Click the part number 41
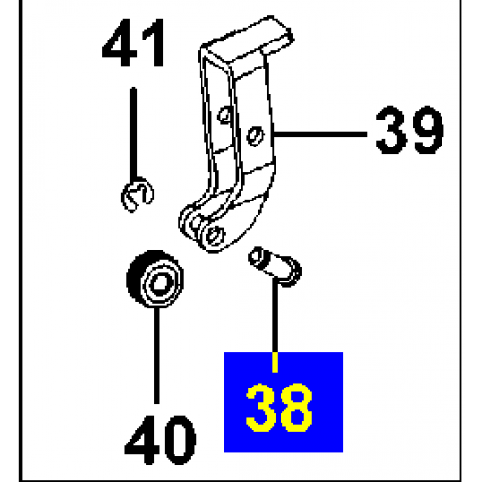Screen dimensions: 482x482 coord(133,42)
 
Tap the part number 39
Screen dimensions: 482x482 coord(410,130)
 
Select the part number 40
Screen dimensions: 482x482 coord(160,440)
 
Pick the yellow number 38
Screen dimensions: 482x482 coord(279,408)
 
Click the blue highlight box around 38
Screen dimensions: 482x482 coord(283,402)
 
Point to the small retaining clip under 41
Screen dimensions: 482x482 coord(138,196)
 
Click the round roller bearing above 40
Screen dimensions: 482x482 coord(155,279)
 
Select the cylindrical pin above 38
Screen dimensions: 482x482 coord(275,266)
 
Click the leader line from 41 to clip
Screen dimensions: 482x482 coord(133,134)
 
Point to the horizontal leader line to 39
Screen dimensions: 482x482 coord(320,134)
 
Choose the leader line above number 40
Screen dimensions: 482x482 coord(157,356)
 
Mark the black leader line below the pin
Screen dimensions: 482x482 coord(274,315)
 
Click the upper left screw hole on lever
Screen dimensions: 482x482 coord(225,115)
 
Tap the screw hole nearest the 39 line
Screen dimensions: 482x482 coord(255,136)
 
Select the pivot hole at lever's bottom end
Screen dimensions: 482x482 coord(215,234)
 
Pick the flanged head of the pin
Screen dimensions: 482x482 coord(289,272)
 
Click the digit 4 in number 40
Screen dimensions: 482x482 coord(142,440)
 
